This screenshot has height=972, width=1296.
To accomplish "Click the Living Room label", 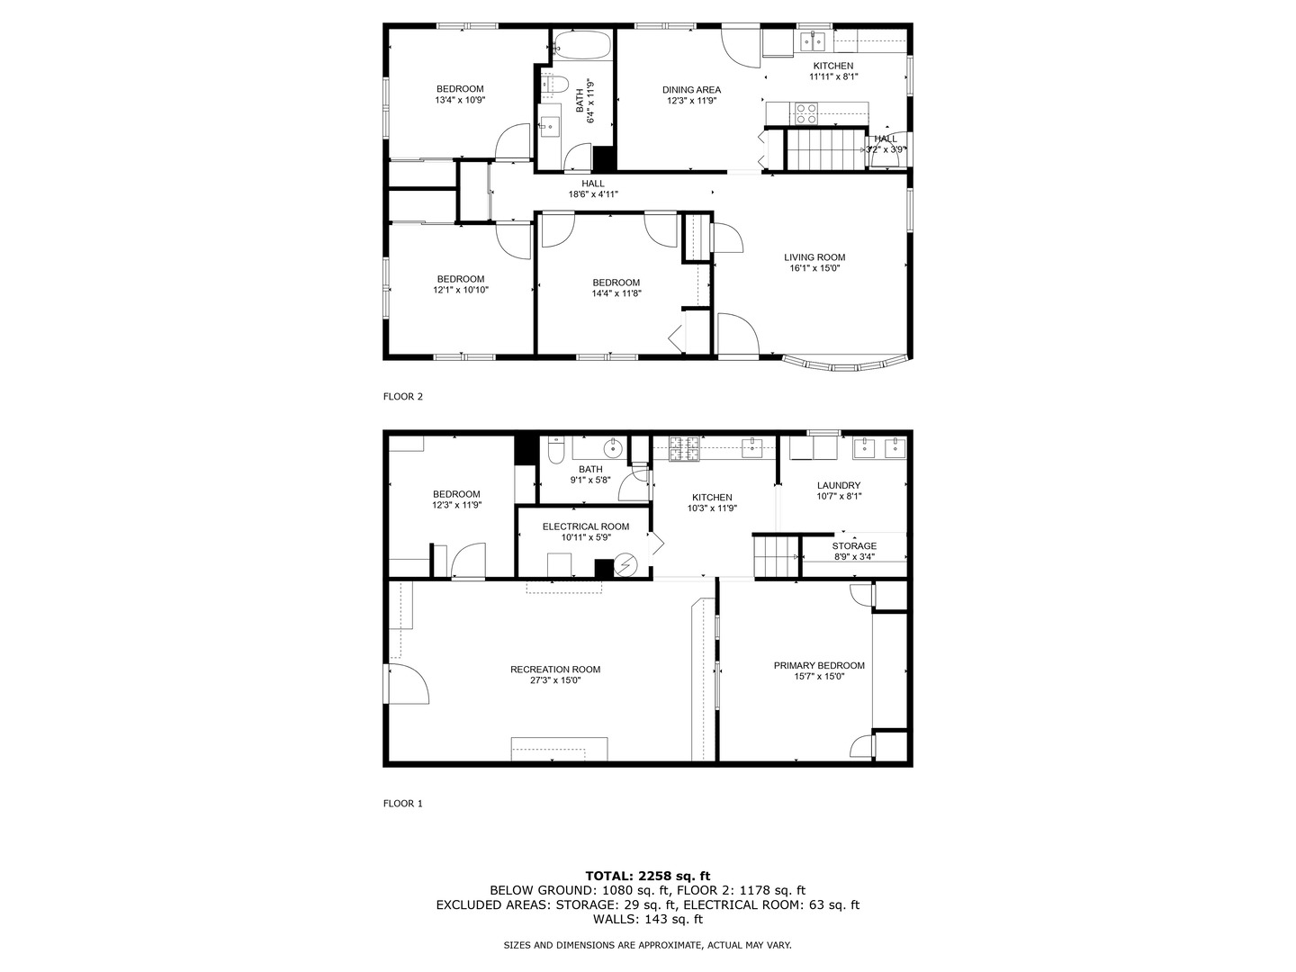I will click(x=814, y=257).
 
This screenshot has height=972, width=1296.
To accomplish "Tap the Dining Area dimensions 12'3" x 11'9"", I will click(x=691, y=101).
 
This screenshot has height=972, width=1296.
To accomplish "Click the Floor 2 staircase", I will click(x=820, y=149).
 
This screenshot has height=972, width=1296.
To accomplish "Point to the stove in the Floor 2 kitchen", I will click(x=805, y=112).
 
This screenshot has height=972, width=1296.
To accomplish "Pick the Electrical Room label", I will click(x=585, y=526).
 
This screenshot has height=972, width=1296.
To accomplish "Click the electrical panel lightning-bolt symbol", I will click(x=625, y=566).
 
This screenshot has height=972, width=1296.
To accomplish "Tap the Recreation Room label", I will click(x=554, y=669).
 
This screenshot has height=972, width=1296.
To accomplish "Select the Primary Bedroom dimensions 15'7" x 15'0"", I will click(x=819, y=677).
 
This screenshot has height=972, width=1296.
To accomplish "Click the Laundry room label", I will click(x=839, y=485).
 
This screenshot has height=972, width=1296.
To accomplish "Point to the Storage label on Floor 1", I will click(x=854, y=546).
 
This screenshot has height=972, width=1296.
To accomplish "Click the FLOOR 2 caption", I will click(x=402, y=396).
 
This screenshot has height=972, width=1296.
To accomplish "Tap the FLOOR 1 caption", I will click(x=402, y=804).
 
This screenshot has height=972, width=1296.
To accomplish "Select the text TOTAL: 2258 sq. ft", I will click(x=647, y=876).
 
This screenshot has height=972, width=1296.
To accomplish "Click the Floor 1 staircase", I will click(x=776, y=555).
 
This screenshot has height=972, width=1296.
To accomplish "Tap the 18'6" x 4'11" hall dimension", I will click(x=592, y=194).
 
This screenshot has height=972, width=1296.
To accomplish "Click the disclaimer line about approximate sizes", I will click(x=647, y=945).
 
